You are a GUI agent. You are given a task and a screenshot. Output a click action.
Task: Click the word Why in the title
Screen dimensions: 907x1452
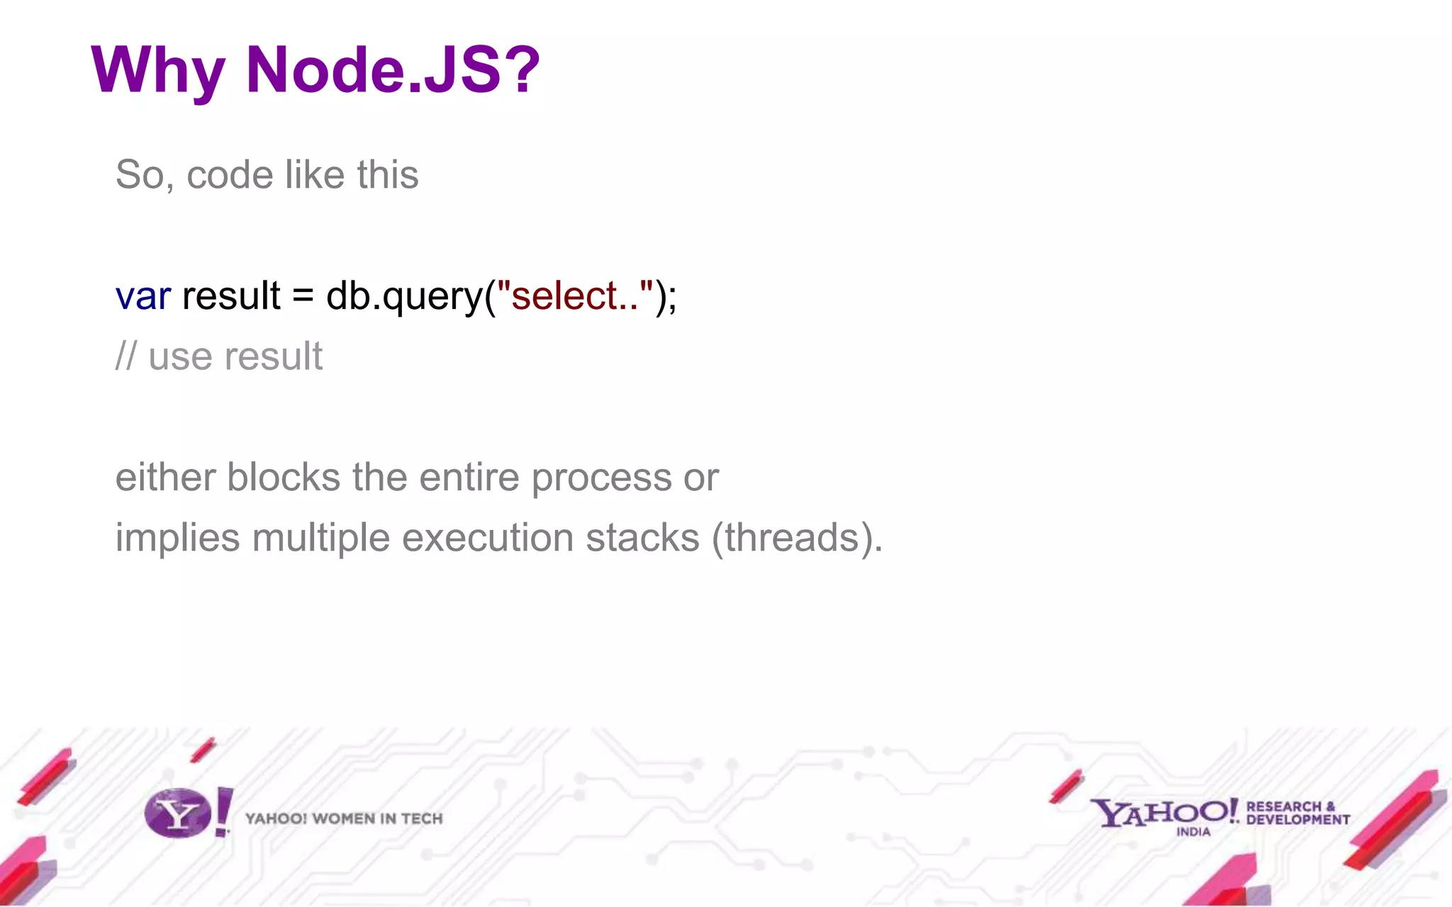(x=157, y=71)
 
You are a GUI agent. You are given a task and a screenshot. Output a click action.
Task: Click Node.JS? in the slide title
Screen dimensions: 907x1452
(x=393, y=69)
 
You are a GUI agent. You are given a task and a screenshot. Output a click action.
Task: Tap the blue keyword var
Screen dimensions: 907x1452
(x=143, y=296)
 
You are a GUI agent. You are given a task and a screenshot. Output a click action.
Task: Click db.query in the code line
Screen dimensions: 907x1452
(x=404, y=296)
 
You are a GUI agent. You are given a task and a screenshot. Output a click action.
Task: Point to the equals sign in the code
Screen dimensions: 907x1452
(x=303, y=296)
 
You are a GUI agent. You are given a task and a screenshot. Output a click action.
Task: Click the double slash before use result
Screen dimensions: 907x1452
(x=125, y=356)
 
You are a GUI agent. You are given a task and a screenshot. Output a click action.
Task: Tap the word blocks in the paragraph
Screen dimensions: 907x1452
(x=284, y=477)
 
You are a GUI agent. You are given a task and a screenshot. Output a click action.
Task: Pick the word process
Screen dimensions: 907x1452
(x=601, y=478)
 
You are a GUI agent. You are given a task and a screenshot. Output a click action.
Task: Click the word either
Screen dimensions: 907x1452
(x=164, y=477)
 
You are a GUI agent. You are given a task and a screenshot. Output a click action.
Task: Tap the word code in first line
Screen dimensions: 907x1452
(x=229, y=175)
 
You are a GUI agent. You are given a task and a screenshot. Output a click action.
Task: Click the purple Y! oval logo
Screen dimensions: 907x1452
(x=179, y=813)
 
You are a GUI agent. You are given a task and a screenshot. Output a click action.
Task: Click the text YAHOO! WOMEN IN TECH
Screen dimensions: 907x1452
(x=344, y=818)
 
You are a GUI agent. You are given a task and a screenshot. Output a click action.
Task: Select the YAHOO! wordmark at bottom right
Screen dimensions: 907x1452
(x=1163, y=812)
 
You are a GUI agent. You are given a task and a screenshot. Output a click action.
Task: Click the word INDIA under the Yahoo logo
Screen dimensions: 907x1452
(x=1193, y=832)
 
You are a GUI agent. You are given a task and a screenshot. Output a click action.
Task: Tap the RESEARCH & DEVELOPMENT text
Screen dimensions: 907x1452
(x=1297, y=813)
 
